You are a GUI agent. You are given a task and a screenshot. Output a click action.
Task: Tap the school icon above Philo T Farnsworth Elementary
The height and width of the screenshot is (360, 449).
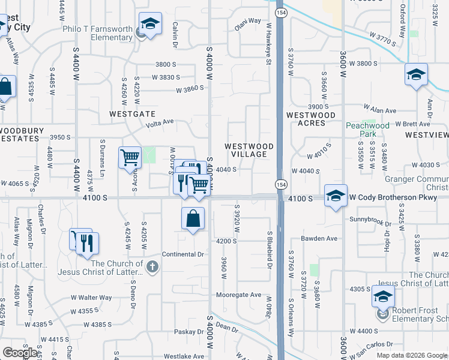150,25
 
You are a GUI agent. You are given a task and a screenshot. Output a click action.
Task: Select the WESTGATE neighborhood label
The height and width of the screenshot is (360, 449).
132,113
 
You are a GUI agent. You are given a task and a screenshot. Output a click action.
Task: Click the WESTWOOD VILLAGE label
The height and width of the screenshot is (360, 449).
249,150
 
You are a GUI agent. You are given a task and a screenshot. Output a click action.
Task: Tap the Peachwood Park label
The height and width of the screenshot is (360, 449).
367,130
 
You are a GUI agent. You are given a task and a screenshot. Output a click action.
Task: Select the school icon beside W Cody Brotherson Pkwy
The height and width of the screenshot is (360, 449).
336,195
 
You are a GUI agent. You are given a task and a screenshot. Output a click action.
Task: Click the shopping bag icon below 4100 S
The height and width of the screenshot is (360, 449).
193,219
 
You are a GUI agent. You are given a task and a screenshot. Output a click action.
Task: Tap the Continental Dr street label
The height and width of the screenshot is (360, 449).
183,254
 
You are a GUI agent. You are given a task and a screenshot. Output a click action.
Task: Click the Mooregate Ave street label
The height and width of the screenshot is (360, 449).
239,295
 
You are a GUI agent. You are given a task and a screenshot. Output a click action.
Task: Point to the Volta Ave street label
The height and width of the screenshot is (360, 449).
160,122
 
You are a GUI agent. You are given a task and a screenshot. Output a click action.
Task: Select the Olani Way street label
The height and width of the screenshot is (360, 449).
247,20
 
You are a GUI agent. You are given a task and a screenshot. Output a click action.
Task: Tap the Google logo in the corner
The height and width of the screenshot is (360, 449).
20,353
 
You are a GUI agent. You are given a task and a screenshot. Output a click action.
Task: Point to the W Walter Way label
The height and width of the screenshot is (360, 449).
91,297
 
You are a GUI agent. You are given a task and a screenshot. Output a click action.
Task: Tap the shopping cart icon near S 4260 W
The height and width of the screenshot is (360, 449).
130,158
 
